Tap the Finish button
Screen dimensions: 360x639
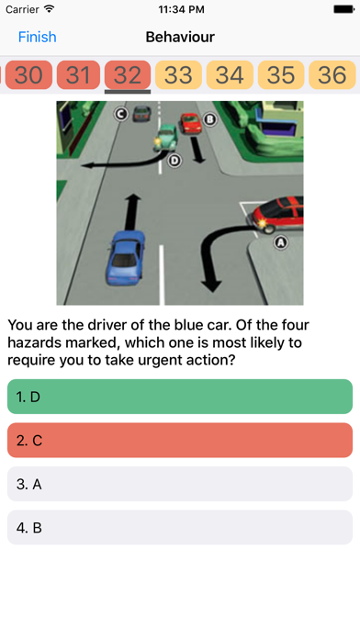[37, 37]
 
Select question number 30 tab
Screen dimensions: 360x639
[28, 75]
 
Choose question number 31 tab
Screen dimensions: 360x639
[78, 75]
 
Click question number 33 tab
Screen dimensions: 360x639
[178, 75]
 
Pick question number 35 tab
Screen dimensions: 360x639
[281, 75]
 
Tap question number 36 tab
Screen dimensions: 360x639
[332, 75]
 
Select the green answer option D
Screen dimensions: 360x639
[180, 397]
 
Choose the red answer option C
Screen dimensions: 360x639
[180, 440]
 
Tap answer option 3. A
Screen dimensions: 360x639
[180, 484]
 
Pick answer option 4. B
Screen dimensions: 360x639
[180, 527]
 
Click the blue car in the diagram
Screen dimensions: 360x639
[125, 258]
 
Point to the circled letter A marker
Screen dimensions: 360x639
[280, 243]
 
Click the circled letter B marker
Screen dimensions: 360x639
[210, 119]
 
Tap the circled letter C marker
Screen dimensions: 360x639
[121, 114]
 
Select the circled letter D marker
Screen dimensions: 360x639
[174, 161]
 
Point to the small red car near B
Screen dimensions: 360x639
[191, 123]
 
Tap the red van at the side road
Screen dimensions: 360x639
[277, 215]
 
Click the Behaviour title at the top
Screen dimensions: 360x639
[180, 37]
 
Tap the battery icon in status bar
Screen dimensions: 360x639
[343, 9]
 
